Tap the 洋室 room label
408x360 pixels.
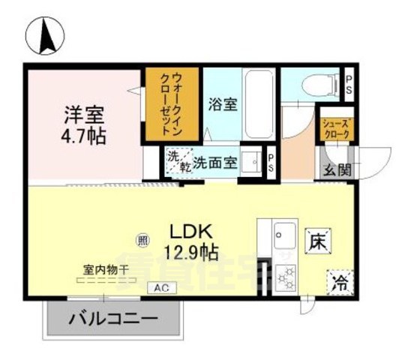point(83,116)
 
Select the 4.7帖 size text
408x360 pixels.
point(83,137)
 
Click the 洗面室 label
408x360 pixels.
point(216,162)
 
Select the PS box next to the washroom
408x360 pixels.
point(271,163)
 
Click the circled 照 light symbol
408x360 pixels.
point(142,241)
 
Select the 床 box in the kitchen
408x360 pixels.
point(316,242)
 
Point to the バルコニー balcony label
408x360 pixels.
point(114,319)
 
